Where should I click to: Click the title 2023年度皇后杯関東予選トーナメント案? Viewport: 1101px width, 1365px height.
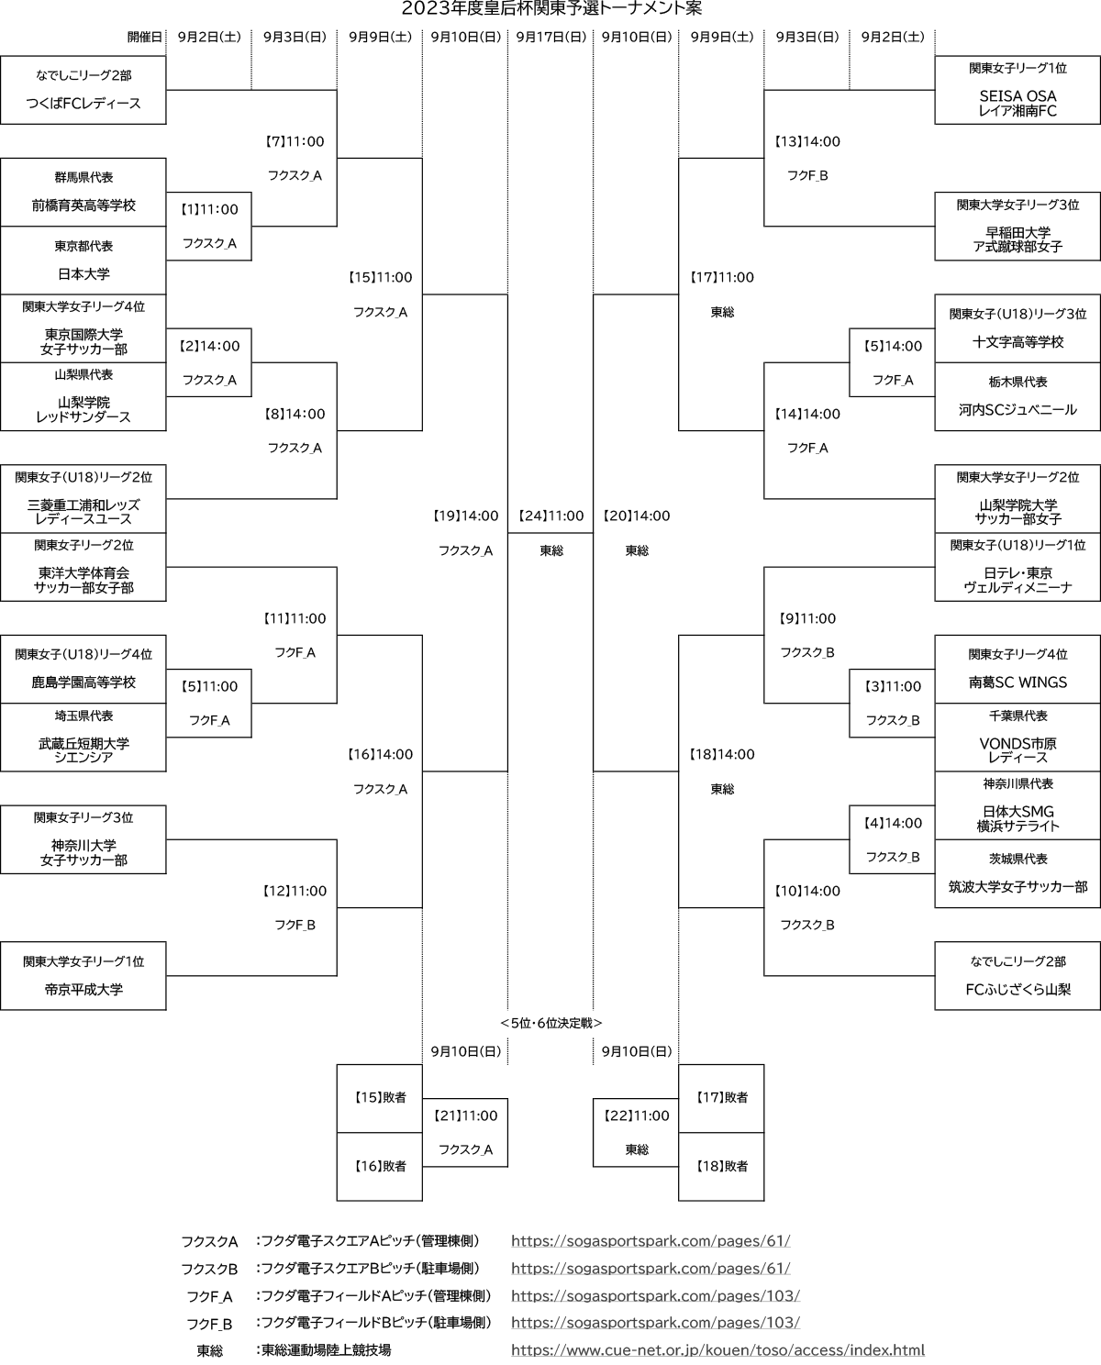[x=551, y=8]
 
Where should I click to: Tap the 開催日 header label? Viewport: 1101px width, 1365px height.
[x=145, y=37]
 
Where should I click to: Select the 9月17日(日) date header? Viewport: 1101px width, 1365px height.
[x=550, y=37]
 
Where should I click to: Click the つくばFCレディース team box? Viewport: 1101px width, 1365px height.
[x=83, y=90]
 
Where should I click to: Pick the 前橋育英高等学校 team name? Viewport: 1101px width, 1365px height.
[x=83, y=205]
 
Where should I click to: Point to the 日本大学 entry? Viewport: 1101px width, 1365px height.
[x=83, y=274]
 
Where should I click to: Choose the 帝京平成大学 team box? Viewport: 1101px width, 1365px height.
[x=83, y=975]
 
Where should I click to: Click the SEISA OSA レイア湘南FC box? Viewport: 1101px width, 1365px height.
[x=1018, y=90]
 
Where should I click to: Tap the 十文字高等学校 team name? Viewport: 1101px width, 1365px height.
[x=1018, y=342]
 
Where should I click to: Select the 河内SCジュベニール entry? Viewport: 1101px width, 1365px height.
[x=1018, y=410]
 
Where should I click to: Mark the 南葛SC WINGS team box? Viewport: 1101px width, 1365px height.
[x=1018, y=669]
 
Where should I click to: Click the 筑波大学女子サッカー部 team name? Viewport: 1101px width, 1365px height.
[x=1018, y=887]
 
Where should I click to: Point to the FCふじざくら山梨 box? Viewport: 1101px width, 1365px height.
[x=1018, y=975]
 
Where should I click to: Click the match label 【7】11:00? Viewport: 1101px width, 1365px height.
[x=295, y=141]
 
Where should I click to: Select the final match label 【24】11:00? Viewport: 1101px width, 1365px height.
[x=550, y=516]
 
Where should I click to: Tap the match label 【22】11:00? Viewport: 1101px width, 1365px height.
[x=637, y=1115]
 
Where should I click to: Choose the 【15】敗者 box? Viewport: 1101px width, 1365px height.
[x=380, y=1099]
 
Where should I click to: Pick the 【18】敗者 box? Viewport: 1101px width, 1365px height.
[x=721, y=1167]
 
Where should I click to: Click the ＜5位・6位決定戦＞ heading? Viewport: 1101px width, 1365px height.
[x=550, y=1023]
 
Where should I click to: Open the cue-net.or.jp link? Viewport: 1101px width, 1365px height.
[x=717, y=1349]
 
